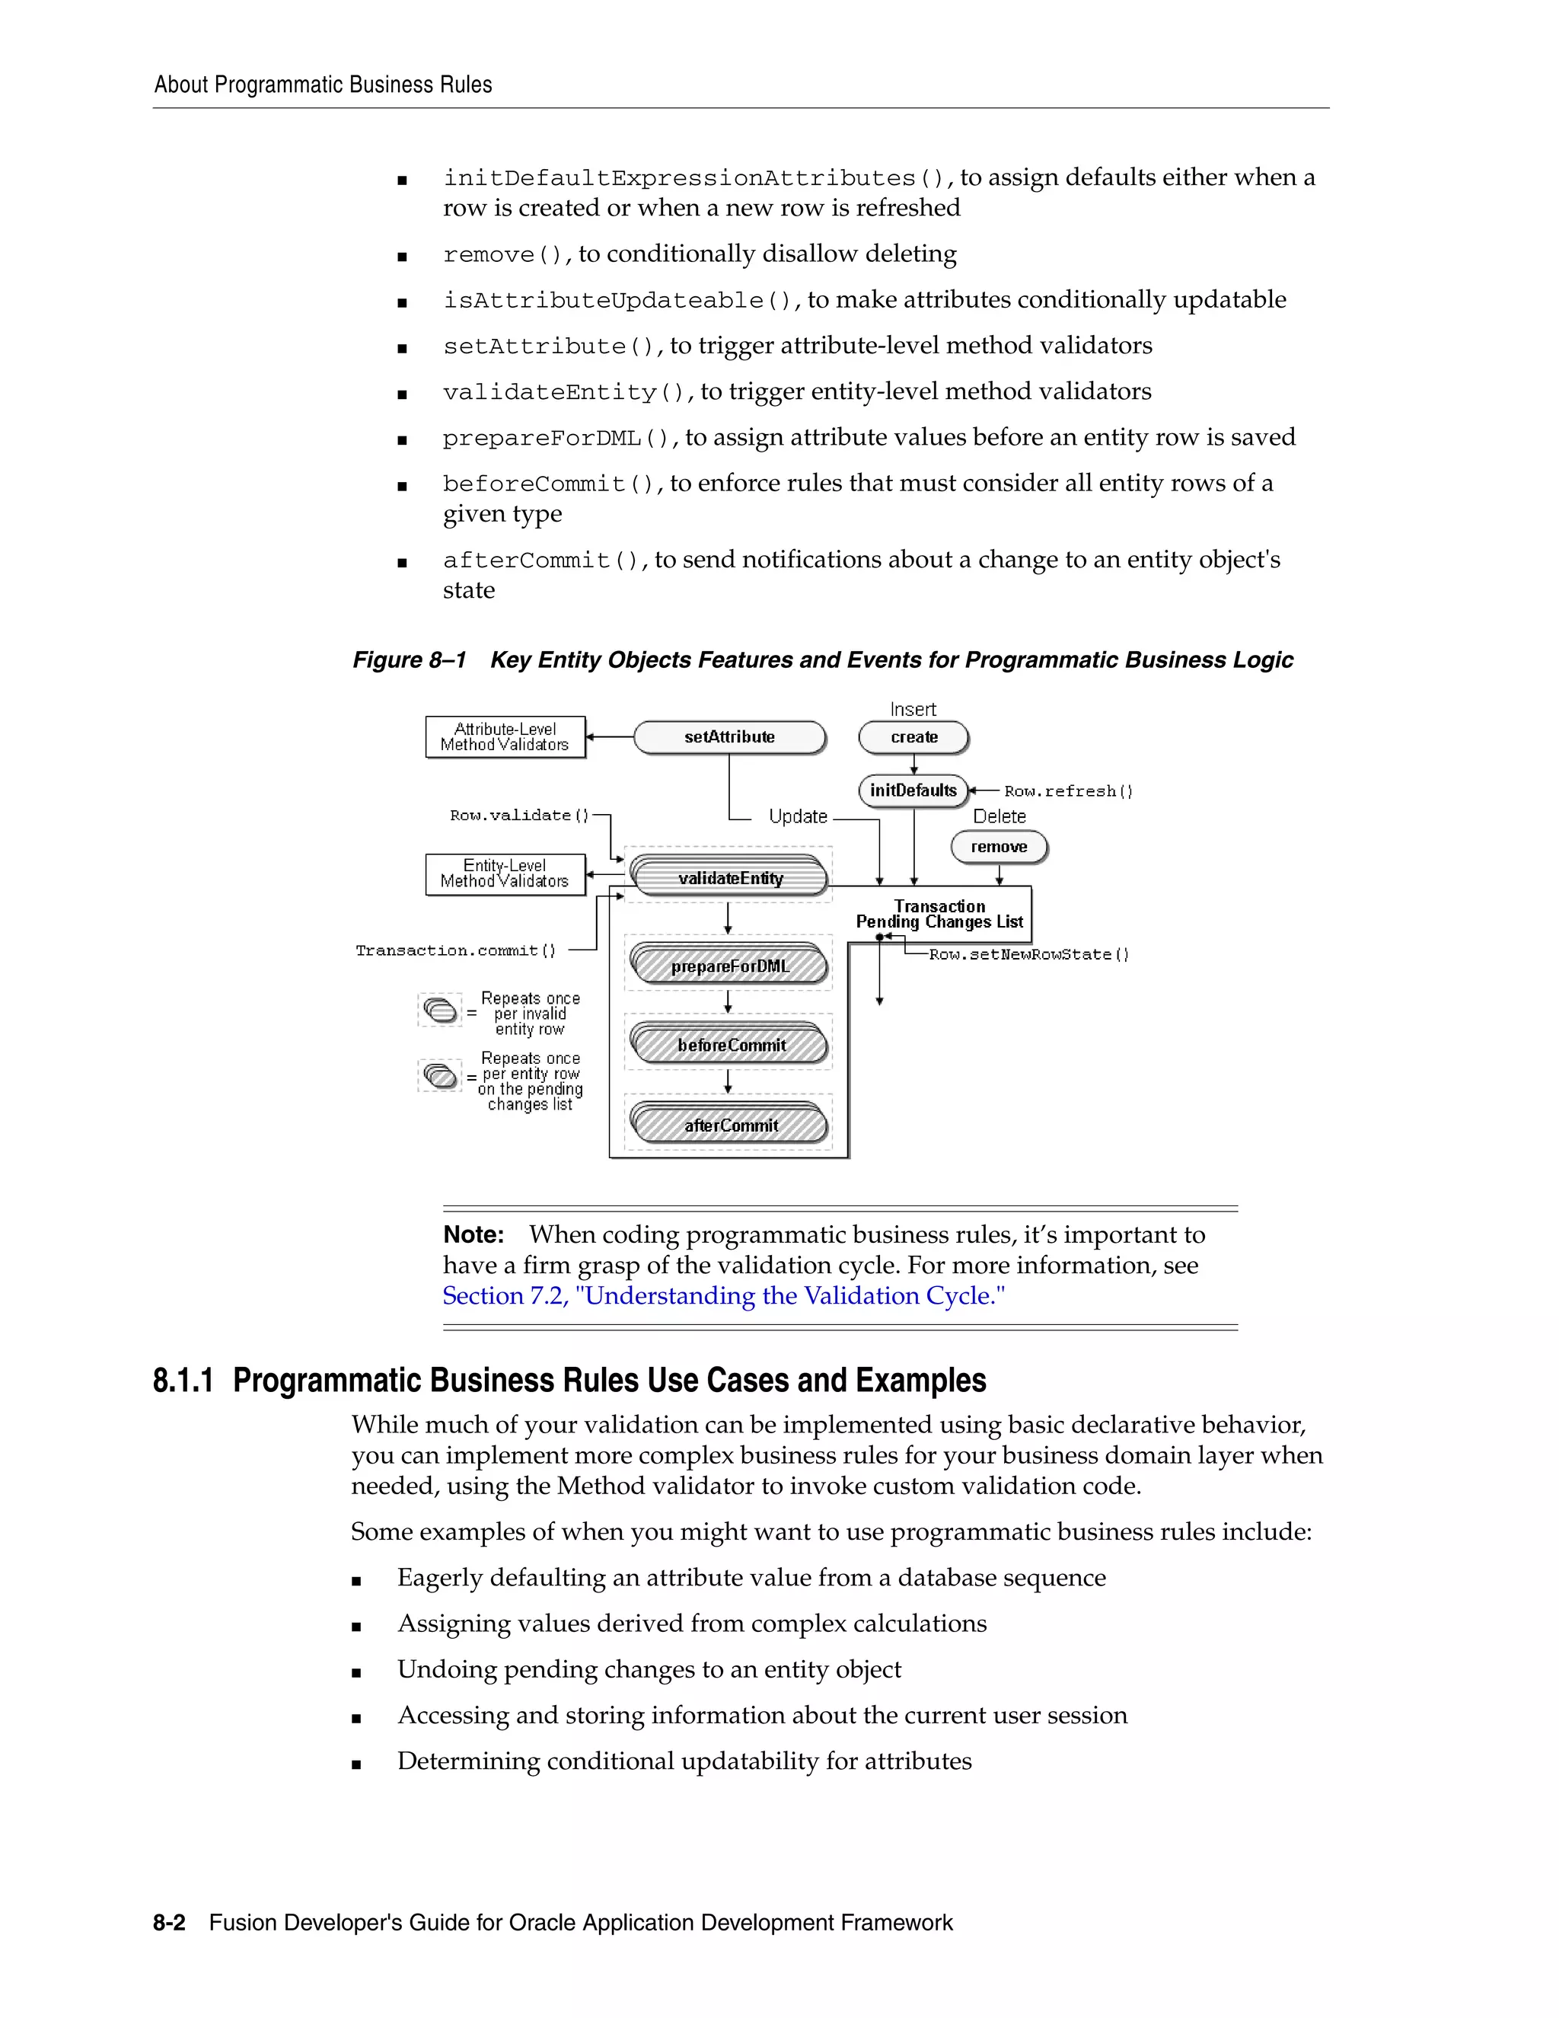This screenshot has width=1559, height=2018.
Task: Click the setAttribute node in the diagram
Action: pyautogui.click(x=729, y=737)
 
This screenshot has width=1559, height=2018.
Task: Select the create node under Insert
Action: pyautogui.click(x=913, y=737)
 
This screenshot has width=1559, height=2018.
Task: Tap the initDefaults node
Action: pyautogui.click(x=913, y=791)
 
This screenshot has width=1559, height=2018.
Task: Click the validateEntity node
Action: pyautogui.click(x=729, y=878)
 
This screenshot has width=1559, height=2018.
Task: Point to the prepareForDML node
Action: pyautogui.click(x=729, y=966)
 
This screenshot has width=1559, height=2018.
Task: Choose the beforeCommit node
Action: pyautogui.click(x=731, y=1045)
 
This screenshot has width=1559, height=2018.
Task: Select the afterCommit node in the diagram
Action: pyautogui.click(x=731, y=1126)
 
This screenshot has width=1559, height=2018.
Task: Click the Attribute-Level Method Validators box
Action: pyautogui.click(x=505, y=737)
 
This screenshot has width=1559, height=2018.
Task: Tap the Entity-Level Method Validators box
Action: pyautogui.click(x=505, y=874)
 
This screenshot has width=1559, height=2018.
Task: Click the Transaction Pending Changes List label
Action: pyautogui.click(x=939, y=914)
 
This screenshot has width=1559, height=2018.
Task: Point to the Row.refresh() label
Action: pyautogui.click(x=1068, y=792)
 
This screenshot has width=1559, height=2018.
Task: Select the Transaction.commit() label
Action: pyautogui.click(x=456, y=951)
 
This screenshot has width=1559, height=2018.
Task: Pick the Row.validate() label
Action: pyautogui.click(x=519, y=816)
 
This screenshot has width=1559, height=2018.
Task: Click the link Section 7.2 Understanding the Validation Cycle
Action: pyautogui.click(x=723, y=1296)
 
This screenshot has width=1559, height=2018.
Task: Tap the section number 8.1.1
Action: pyautogui.click(x=183, y=1381)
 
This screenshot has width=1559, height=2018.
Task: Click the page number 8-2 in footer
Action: pyautogui.click(x=169, y=1923)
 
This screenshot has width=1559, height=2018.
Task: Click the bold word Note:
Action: pyautogui.click(x=473, y=1235)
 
